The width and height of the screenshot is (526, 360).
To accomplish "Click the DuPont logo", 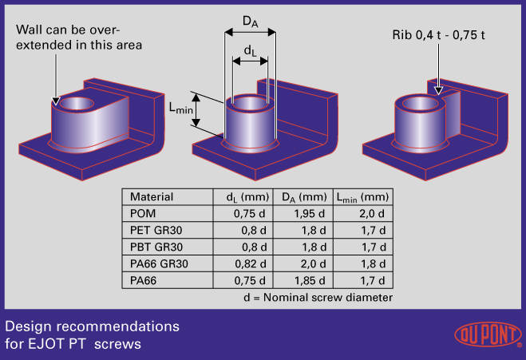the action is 488,334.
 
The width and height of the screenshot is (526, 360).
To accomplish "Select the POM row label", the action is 143,213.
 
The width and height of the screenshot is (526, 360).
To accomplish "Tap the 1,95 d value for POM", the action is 309,213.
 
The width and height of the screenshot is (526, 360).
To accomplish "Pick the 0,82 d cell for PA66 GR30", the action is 251,263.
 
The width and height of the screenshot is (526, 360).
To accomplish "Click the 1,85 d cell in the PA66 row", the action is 310,280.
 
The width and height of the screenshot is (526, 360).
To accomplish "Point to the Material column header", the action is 152,196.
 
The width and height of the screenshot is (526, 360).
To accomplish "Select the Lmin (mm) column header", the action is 362,197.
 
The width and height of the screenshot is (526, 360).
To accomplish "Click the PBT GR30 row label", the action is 156,247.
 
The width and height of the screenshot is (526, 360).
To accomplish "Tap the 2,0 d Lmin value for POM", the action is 372,213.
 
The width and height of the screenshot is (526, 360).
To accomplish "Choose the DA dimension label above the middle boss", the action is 251,22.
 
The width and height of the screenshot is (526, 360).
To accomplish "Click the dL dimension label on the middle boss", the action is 251,50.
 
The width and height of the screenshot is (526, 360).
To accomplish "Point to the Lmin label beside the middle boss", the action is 181,108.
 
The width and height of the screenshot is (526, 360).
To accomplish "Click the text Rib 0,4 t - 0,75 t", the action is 438,35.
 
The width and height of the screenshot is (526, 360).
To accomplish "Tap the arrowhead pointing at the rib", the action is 438,90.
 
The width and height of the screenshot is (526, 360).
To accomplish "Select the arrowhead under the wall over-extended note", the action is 56,101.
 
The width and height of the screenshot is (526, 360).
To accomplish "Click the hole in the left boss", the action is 77,104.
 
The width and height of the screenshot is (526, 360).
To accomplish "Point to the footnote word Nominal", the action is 286,297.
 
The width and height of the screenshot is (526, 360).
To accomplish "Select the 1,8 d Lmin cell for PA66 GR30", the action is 373,263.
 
